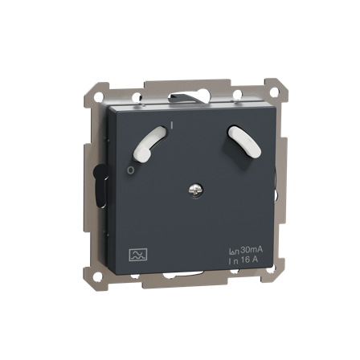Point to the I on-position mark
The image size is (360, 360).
(172, 125)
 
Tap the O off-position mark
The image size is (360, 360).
(130, 170)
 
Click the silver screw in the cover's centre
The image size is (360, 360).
(195, 190)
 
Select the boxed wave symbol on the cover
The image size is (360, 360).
(138, 255)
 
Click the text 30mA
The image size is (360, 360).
(252, 250)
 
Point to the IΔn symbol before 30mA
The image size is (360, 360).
(234, 251)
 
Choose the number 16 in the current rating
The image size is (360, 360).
(245, 260)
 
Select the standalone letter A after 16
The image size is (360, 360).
(255, 260)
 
